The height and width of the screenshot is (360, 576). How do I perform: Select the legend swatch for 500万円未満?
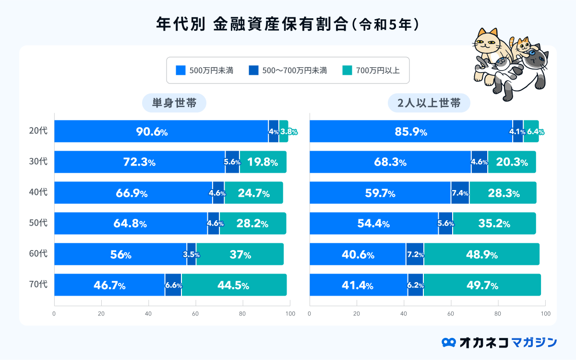click(180, 71)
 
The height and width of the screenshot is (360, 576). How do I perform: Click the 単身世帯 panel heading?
click(174, 103)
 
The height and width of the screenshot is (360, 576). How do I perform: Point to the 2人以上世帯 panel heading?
click(429, 103)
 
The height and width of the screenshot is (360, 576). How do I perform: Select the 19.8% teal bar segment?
click(263, 162)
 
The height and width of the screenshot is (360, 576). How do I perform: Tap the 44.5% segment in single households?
click(234, 285)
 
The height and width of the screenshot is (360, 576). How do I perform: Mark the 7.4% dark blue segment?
click(460, 193)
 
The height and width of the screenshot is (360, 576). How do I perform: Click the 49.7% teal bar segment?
click(482, 285)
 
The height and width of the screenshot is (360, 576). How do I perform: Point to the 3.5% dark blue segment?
click(192, 254)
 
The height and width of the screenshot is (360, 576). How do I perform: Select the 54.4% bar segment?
click(374, 224)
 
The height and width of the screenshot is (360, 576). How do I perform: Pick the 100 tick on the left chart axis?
click(289, 314)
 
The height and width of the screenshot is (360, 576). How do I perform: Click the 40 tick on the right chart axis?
click(404, 314)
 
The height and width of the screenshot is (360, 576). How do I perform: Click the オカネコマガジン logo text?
click(508, 342)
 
